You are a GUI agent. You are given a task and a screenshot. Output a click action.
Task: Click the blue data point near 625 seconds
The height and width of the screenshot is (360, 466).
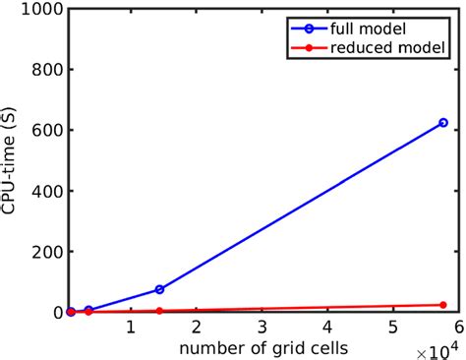tap(443, 123)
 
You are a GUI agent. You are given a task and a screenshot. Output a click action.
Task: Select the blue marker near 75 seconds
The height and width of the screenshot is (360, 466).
tap(159, 289)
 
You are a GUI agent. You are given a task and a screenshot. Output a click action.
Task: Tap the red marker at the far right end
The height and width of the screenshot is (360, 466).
tap(443, 305)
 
